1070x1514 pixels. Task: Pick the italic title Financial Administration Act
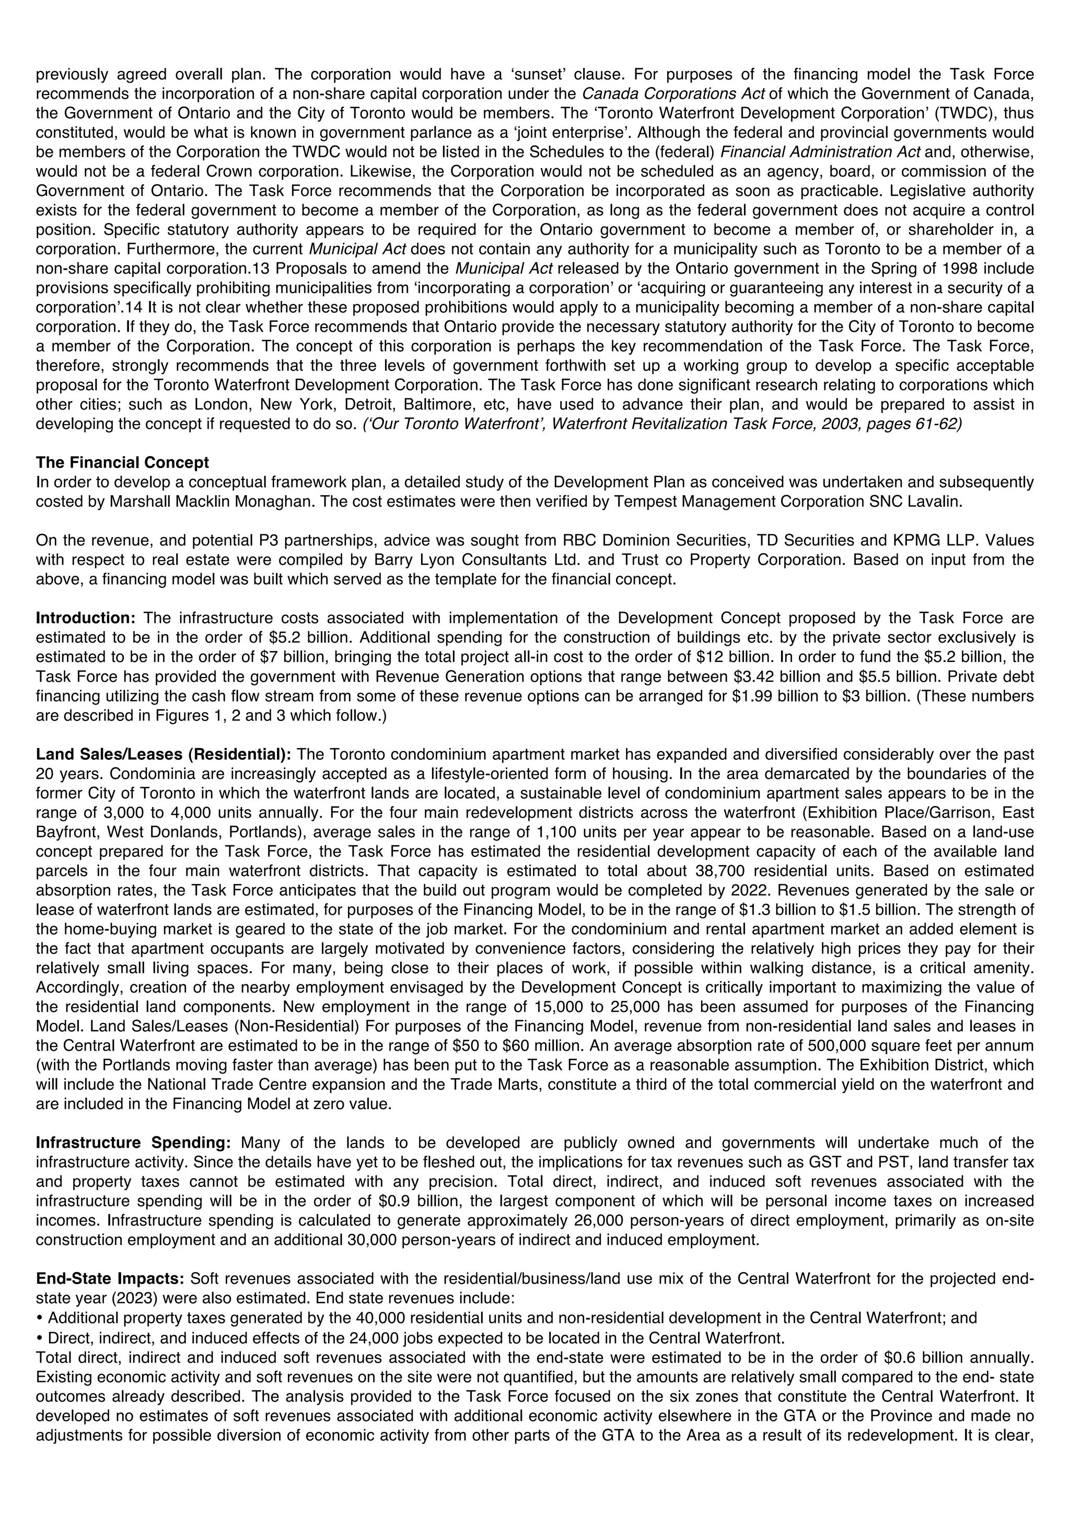pos(821,153)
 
